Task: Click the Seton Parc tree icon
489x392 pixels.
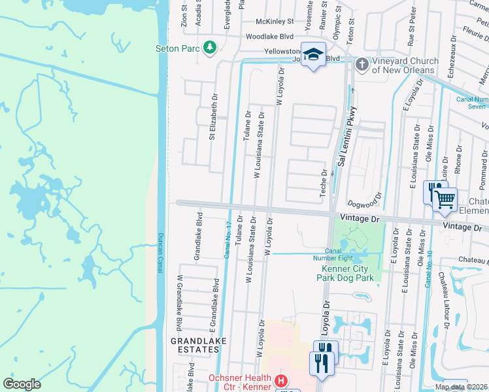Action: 210,48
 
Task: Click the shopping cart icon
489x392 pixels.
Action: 445,198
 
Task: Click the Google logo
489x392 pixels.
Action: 22,384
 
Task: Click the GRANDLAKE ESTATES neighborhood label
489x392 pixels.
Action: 195,345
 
